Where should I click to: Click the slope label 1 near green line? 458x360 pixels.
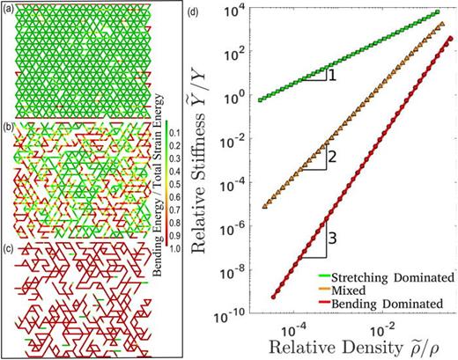[x=332, y=77]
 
